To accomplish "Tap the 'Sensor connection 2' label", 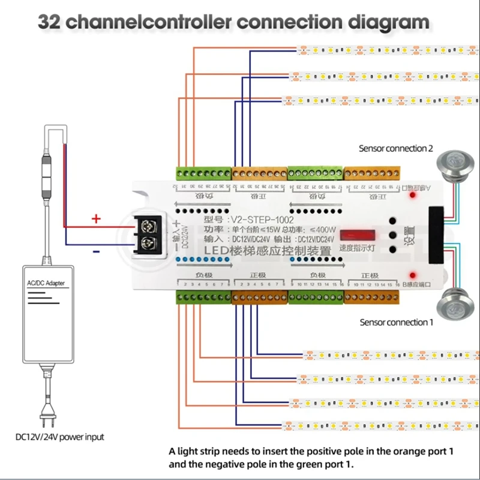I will (x=395, y=148).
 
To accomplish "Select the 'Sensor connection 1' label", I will (x=396, y=322).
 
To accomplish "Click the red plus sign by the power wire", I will (x=95, y=219).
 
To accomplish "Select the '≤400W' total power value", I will (x=324, y=230).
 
